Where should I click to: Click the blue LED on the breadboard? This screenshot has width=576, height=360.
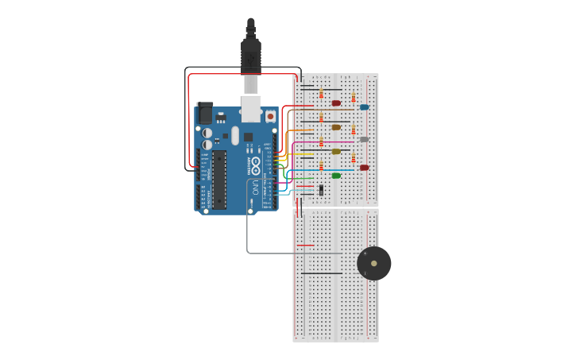pyautogui.click(x=364, y=107)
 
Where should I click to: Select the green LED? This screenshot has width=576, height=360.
pyautogui.click(x=336, y=176)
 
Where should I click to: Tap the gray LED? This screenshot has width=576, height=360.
pyautogui.click(x=364, y=140)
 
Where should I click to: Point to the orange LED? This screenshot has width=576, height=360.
pyautogui.click(x=336, y=127)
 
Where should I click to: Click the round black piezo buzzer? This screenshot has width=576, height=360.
pyautogui.click(x=373, y=263)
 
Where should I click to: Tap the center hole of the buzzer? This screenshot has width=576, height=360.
pyautogui.click(x=373, y=263)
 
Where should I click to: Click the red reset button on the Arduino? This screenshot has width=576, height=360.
pyautogui.click(x=270, y=116)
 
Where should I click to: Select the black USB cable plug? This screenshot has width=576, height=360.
pyautogui.click(x=251, y=56)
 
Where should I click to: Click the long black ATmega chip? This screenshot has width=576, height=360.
pyautogui.click(x=218, y=179)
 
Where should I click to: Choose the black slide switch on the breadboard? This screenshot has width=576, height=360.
pyautogui.click(x=321, y=190)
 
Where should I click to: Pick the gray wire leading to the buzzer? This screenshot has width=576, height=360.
pyautogui.click(x=248, y=238)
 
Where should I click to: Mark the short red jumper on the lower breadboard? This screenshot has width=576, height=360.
pyautogui.click(x=306, y=246)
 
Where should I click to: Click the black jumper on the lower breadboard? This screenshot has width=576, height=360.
pyautogui.click(x=322, y=273)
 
